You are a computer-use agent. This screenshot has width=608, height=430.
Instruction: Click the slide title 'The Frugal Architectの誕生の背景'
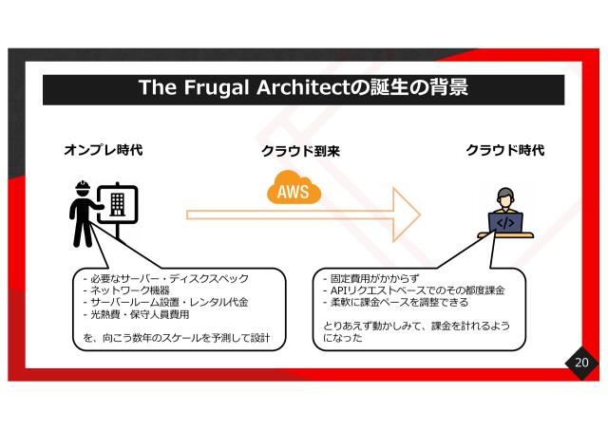point(303,88)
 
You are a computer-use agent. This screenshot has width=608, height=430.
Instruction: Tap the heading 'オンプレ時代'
point(104,150)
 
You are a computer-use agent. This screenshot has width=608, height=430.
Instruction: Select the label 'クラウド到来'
point(300,151)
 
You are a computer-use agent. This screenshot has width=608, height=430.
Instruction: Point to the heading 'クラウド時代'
point(504,150)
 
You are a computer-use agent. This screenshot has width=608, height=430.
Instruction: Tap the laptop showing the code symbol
point(505,223)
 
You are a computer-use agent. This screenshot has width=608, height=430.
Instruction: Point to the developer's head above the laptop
point(505,198)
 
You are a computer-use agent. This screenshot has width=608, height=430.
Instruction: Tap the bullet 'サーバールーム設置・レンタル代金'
point(165,303)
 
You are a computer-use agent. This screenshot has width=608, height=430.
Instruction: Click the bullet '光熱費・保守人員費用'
point(137,314)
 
